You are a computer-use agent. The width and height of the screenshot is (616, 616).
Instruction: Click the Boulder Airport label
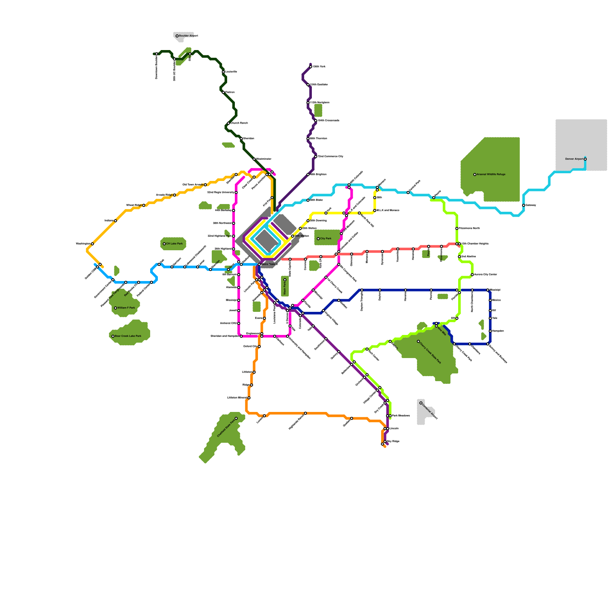coord(188,36)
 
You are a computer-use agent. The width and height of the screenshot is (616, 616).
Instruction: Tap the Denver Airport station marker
coord(585,159)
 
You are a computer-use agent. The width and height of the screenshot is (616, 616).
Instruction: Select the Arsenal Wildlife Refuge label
coord(491,174)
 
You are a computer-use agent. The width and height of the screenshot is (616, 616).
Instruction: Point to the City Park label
coord(326,239)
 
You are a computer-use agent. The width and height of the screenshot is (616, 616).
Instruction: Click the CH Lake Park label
coord(174,244)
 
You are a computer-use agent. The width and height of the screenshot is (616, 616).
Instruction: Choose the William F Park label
coord(126,308)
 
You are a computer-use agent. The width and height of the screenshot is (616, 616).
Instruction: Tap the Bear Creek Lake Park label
coord(128,336)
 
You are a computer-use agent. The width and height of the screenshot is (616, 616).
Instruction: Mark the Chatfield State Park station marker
coord(236,418)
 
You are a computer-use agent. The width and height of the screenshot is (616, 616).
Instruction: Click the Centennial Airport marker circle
coord(421,403)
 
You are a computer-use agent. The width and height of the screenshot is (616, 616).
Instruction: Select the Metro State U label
coord(269,264)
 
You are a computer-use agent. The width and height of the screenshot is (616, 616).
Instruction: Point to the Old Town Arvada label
coord(193,185)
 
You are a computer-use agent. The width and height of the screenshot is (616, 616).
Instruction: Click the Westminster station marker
coord(254,159)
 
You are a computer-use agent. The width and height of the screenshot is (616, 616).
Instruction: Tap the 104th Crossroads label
coord(328,121)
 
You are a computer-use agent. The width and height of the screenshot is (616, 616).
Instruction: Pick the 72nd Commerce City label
coord(330,157)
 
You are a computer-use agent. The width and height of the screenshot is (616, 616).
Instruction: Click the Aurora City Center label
coord(485,275)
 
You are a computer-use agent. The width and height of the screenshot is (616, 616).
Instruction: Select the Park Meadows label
coord(401,416)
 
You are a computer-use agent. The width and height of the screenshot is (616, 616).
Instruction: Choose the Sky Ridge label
coord(393,442)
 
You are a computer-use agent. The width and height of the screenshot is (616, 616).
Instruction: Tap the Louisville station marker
coord(223,72)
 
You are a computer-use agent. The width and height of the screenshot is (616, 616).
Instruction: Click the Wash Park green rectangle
coord(285,286)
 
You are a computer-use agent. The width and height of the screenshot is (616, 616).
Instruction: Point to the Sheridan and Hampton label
coord(225,336)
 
